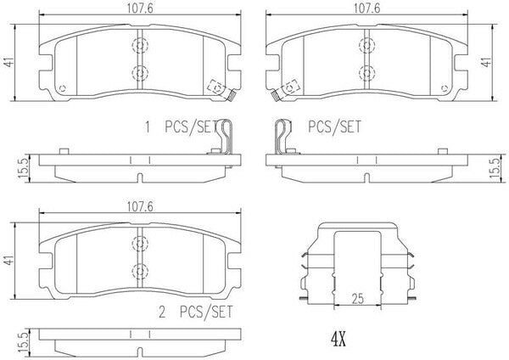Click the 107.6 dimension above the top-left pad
(140, 8)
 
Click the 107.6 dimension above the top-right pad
(366, 8)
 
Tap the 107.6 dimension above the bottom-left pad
(140, 206)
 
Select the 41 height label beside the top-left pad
(9, 61)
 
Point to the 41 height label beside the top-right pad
(486, 61)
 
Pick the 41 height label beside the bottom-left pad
(9, 260)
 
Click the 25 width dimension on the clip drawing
(357, 299)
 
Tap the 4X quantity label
(338, 340)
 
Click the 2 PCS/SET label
(196, 312)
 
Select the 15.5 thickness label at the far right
(495, 168)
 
